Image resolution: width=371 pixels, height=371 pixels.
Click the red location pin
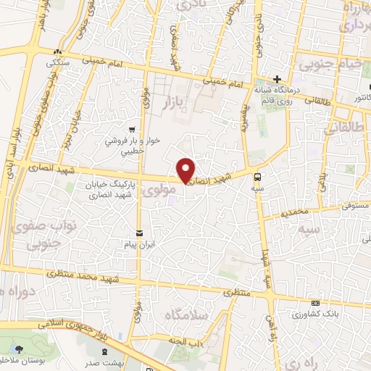[186, 170]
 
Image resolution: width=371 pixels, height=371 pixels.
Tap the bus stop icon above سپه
[257, 176]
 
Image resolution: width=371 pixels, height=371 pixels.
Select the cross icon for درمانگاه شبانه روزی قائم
[277, 79]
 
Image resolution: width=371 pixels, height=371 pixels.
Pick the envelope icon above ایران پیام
[138, 233]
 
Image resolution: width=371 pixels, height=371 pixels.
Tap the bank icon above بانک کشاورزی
[314, 303]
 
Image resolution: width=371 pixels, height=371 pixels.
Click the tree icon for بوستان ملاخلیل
[18, 349]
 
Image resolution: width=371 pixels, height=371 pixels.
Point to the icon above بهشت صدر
[109, 351]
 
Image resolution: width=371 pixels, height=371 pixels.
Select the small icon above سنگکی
[57, 51]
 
